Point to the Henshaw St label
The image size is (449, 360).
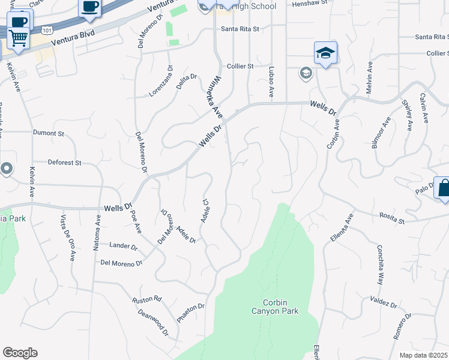tap(309, 4)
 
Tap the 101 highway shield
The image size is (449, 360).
tap(46, 29)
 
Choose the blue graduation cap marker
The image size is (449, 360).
tap(325, 53)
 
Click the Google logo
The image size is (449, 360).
tap(20, 353)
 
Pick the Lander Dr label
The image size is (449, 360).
tap(124, 245)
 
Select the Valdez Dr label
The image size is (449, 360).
tap(384, 302)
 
